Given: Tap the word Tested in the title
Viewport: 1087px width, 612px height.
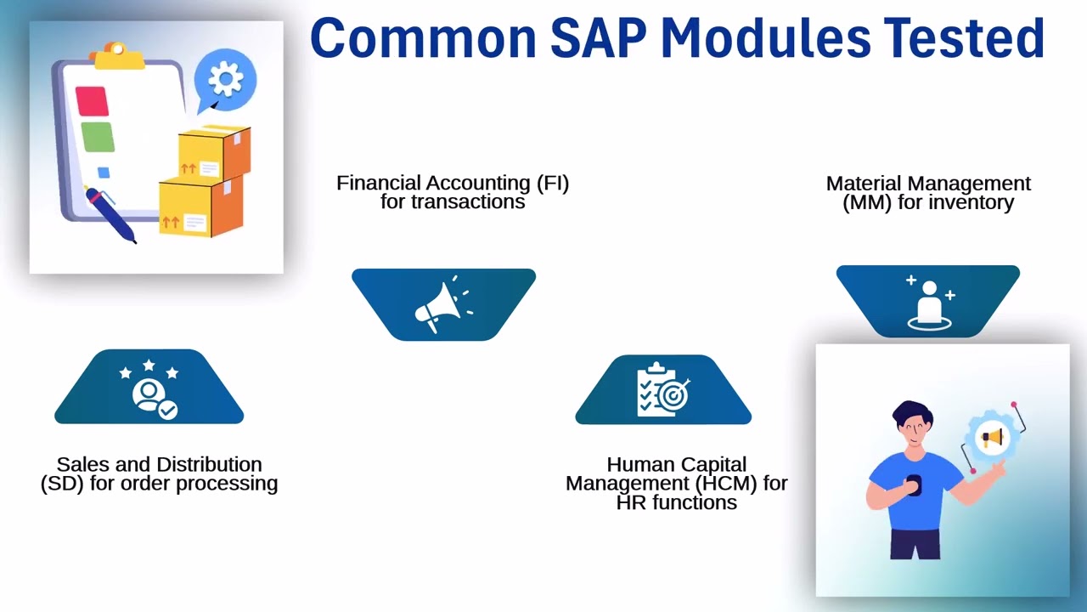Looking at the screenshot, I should (x=963, y=38).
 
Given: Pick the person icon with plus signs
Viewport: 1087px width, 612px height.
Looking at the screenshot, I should (x=929, y=303).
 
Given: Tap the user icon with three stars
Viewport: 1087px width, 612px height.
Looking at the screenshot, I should (x=149, y=392).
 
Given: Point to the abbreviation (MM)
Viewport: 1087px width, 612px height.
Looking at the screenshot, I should (x=865, y=203).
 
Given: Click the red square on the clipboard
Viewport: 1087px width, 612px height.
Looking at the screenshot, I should (x=92, y=101).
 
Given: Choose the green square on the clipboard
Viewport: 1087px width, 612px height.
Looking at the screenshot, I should (x=97, y=137).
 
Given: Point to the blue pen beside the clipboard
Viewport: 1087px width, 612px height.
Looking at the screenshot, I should (x=110, y=213).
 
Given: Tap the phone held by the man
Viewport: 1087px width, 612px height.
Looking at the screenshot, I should (x=914, y=484).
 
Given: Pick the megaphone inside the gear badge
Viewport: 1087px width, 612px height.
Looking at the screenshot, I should (x=991, y=438).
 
